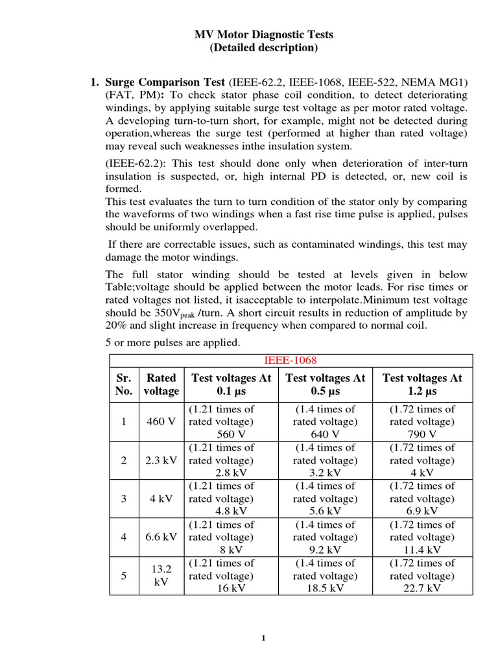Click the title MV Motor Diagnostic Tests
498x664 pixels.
click(264, 34)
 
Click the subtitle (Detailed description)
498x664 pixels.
click(264, 48)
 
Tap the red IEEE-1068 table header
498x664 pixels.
click(290, 361)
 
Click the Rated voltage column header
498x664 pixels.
click(161, 384)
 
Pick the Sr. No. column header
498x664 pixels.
click(123, 384)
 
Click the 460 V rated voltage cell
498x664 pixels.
click(161, 421)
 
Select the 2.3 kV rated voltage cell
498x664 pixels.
click(161, 460)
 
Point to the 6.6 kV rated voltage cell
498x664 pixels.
click(161, 537)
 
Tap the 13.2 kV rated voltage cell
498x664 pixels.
click(161, 575)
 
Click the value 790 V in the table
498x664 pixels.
click(422, 434)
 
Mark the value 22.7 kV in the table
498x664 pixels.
click(422, 588)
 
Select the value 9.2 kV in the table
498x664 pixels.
click(325, 550)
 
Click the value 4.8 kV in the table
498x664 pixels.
click(222, 512)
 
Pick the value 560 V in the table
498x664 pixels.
click(222, 434)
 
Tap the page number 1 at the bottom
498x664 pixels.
click(263, 638)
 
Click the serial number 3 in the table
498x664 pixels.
click(123, 499)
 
